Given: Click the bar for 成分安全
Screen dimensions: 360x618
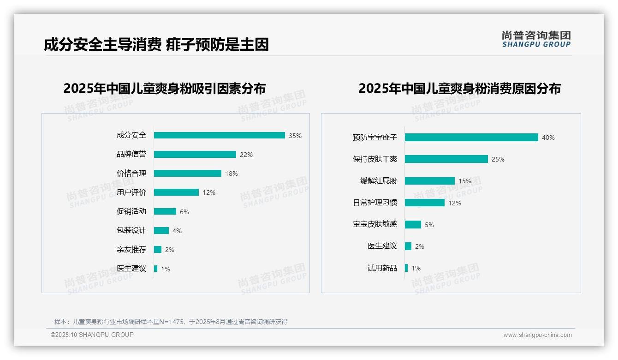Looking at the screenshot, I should [219, 135].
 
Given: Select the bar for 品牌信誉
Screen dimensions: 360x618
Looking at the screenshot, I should [195, 155].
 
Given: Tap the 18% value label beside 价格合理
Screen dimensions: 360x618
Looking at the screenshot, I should [232, 174].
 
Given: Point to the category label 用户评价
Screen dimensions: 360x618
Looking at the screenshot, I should [131, 192].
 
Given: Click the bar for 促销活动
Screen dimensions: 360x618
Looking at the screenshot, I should [165, 211].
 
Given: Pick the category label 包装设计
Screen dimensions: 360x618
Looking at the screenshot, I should [131, 230].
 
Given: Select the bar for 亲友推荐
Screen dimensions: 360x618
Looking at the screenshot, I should [158, 250].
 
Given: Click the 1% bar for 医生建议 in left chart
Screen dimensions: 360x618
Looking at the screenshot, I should [155, 269].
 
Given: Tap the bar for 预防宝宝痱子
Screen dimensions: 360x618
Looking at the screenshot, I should [471, 138].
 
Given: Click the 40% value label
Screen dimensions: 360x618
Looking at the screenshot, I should [548, 138].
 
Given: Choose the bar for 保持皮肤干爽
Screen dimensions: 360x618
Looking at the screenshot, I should [446, 159].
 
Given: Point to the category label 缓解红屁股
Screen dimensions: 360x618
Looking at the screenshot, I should [379, 180].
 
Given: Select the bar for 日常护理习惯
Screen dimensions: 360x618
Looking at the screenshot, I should [424, 203].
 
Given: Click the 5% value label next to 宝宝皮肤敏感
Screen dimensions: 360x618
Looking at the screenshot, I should [429, 225].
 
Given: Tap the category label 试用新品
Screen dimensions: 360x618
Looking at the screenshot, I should [382, 268].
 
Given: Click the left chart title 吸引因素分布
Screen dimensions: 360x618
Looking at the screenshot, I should [165, 88].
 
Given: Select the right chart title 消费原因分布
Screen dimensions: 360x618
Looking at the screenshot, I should [459, 88].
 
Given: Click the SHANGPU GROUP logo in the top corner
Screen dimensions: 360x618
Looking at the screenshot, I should [536, 39].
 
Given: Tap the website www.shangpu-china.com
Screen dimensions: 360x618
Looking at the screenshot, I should [537, 335].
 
